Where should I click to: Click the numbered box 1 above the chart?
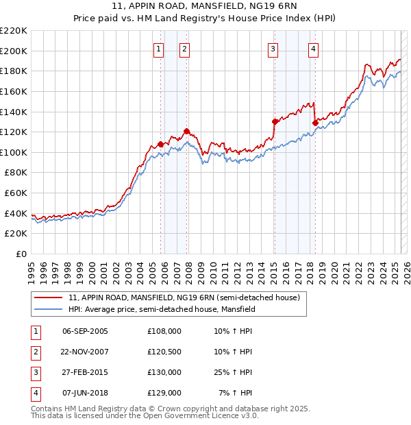pos(159,49)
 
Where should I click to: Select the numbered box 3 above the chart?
pos(273,49)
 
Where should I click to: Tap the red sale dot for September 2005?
pos(160,144)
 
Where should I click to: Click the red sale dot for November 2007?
pos(186,131)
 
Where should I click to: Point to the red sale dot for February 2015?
pos(274,121)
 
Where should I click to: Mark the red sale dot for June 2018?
pos(315,123)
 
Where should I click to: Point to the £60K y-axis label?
pos(16,193)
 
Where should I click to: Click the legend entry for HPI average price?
pos(162,310)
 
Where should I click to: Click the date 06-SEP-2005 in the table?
pos(85,331)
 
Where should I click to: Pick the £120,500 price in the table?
pos(164,352)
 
